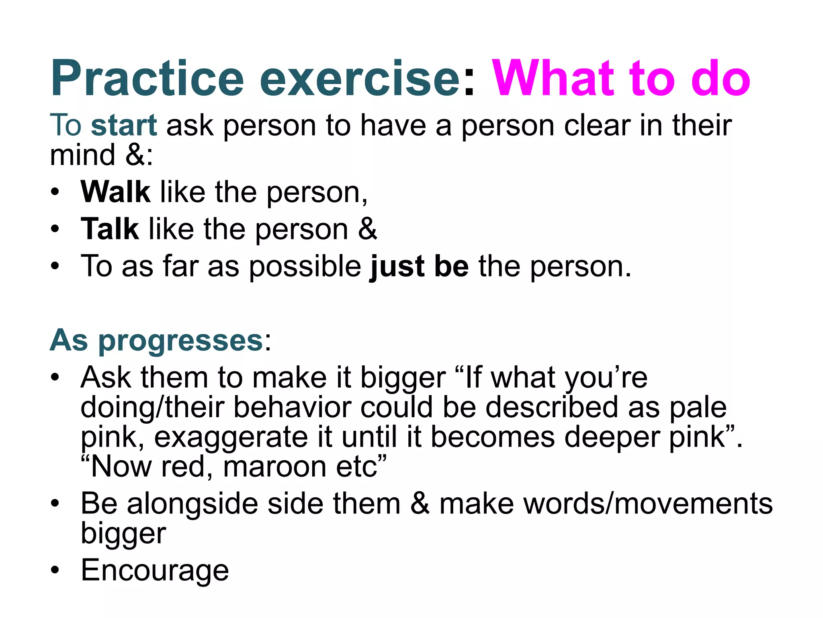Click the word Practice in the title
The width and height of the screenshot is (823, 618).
(x=147, y=78)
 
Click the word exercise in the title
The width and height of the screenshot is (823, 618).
(x=360, y=78)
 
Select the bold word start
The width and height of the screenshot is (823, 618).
(x=123, y=126)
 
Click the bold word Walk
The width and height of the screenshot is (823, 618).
(x=115, y=192)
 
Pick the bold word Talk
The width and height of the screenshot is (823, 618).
(x=110, y=229)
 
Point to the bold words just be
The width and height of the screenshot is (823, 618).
(x=419, y=266)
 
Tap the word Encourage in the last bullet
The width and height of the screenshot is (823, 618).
(x=155, y=570)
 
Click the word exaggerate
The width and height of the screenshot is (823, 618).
(x=231, y=437)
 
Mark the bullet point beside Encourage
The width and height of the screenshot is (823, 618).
(x=55, y=571)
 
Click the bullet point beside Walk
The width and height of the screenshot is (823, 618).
(x=55, y=192)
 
